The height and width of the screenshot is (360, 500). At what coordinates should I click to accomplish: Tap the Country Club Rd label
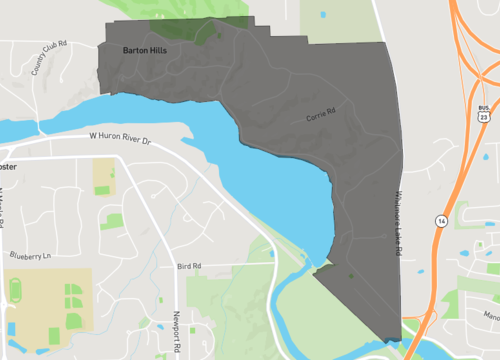(x=47, y=59)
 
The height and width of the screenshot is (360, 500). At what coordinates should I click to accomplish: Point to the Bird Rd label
(x=188, y=266)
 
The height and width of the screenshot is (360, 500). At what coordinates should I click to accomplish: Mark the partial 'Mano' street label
(x=489, y=314)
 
